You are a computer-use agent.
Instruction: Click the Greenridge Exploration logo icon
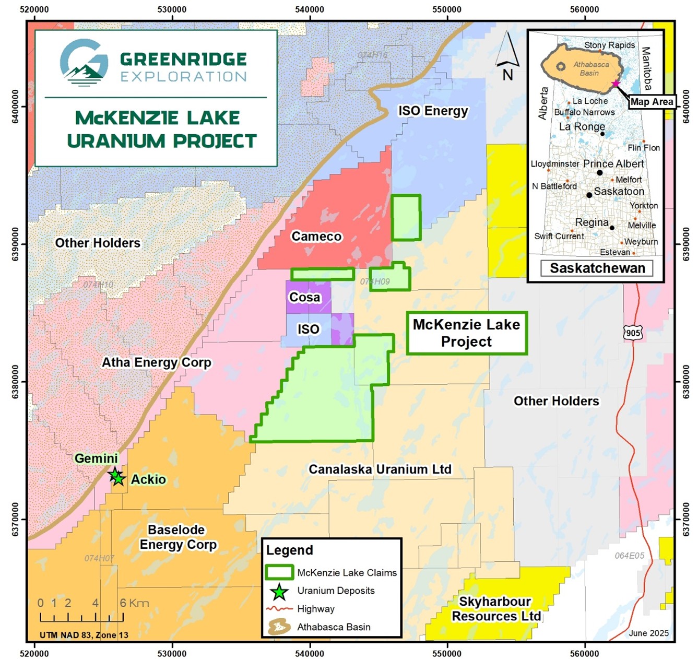tap(84, 62)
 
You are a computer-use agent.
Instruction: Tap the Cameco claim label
tap(316, 237)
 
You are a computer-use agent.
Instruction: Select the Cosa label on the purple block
tap(305, 297)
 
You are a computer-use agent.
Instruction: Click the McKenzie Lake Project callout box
tap(467, 333)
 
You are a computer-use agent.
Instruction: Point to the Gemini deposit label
tap(96, 458)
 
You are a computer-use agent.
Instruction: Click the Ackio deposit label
tap(148, 479)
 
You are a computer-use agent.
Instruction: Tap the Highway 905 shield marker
tap(633, 333)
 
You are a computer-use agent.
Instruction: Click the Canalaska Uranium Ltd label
tap(380, 469)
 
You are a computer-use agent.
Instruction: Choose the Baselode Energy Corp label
tap(178, 537)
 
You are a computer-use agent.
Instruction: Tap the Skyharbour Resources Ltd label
tap(495, 609)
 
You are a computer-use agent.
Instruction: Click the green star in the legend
tap(279, 592)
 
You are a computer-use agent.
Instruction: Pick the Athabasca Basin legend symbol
tap(279, 627)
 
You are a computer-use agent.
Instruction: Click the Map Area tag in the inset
tap(652, 102)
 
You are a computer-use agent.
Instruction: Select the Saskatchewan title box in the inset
tap(597, 268)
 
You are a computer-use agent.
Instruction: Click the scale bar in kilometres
tap(82, 617)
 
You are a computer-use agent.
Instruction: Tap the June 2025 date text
tap(648, 633)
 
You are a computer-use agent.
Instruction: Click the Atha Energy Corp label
tap(156, 362)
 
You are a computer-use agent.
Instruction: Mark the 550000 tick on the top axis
tap(447, 9)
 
